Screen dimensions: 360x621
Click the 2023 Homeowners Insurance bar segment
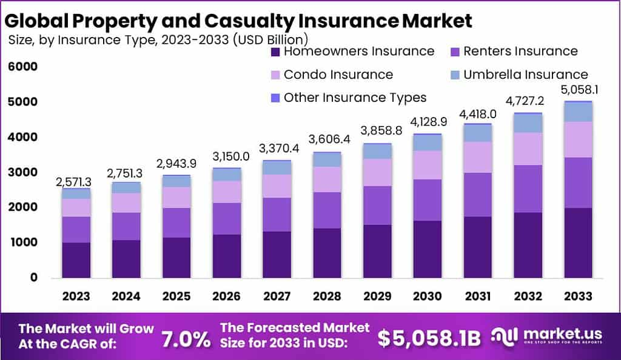click(76, 260)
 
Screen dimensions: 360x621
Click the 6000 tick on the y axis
click(23, 67)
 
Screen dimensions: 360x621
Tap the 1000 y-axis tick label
click(23, 242)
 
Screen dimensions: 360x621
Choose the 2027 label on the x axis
click(276, 296)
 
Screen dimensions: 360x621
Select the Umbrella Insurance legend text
click(526, 75)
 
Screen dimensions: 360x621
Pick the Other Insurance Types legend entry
click(355, 98)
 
